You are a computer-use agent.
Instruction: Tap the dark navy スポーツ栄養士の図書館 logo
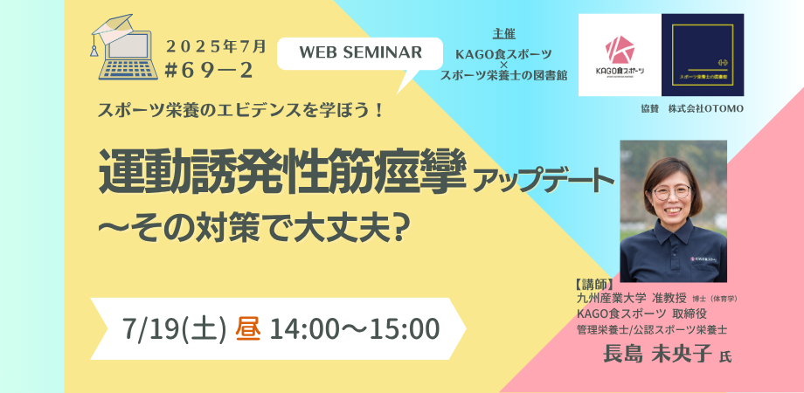[702, 54]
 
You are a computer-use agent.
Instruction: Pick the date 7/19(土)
[176, 328]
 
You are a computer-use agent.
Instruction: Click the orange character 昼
[249, 328]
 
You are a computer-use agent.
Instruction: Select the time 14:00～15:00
[354, 328]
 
